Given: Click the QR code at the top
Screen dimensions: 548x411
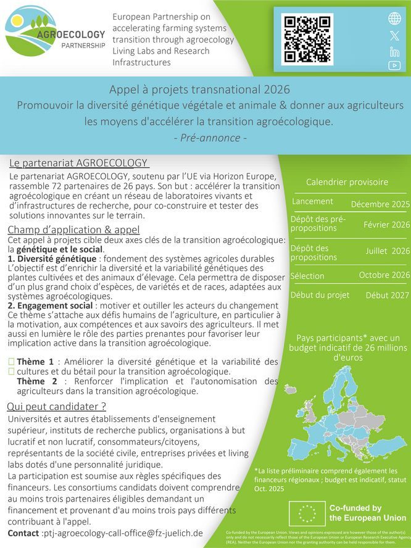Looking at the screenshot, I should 307,39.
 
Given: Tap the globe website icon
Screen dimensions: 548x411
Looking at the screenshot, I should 394,19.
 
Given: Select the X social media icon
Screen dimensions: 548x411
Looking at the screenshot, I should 394,36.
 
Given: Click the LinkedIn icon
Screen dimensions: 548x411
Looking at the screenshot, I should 394,51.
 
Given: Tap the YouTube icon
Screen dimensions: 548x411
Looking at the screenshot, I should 394,65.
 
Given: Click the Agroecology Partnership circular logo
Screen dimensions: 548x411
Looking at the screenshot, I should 31,35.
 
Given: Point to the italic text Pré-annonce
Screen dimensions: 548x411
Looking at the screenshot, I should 210,138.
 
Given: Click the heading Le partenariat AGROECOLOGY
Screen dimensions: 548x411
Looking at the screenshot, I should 79,163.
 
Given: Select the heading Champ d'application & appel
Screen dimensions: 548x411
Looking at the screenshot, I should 73,230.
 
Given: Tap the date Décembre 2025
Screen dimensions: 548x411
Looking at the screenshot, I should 380,204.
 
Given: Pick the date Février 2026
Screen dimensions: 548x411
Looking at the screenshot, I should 386,225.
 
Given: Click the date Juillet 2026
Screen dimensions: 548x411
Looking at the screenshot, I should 388,251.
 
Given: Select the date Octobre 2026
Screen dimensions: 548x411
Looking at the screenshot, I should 384,275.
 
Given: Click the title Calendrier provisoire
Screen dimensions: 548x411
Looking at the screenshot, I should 347,182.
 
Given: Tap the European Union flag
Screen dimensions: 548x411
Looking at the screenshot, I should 307,513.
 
